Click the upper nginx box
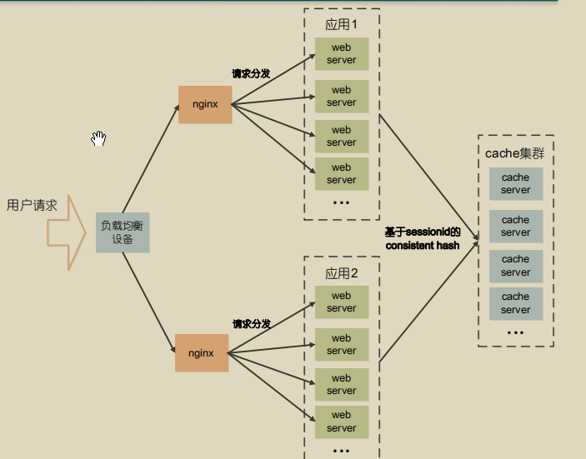click(204, 104)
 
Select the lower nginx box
click(201, 352)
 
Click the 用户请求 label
click(32, 205)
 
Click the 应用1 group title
click(342, 24)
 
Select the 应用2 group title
click(342, 273)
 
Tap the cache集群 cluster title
click(515, 153)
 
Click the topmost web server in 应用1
click(342, 54)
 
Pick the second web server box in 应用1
click(342, 96)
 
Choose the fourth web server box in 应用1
click(342, 173)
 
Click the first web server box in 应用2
click(342, 302)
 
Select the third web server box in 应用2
click(342, 384)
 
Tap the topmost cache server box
click(515, 183)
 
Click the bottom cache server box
click(515, 303)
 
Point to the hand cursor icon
click(99, 138)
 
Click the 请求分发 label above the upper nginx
click(251, 74)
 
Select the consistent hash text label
click(423, 246)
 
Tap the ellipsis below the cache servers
click(515, 332)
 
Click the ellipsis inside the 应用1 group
click(342, 202)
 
